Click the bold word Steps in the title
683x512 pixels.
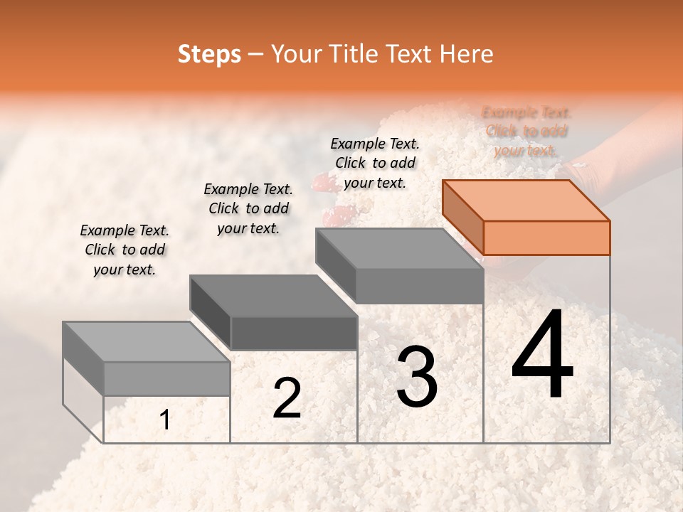(x=209, y=54)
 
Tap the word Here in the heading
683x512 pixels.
(x=467, y=54)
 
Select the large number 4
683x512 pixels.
(x=543, y=356)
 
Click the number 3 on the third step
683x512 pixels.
(x=417, y=377)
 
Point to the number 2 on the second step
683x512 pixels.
(x=287, y=399)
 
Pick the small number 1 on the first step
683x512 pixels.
(x=165, y=420)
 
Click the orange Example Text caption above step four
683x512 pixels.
(x=526, y=132)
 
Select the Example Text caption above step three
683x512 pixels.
(x=375, y=163)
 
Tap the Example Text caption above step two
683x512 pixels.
(x=248, y=208)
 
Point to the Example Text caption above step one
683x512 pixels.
(x=125, y=250)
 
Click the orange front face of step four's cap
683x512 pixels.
(x=546, y=238)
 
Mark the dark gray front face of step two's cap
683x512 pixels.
(x=294, y=334)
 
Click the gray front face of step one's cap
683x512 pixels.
(x=167, y=378)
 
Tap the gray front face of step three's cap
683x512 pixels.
(x=420, y=287)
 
